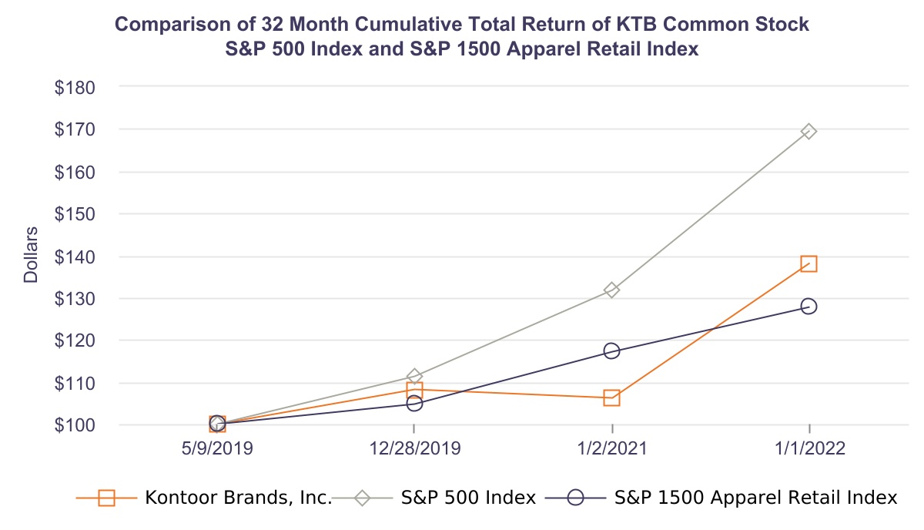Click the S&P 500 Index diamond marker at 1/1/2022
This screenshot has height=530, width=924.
coord(808,132)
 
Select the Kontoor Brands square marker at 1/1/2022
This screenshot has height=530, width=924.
coord(808,264)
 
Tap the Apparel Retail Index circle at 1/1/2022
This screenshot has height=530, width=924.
coord(808,307)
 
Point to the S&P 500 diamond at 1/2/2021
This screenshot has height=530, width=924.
coord(611,290)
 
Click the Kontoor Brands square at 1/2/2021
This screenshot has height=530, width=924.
coord(611,397)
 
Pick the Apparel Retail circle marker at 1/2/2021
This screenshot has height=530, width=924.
coord(611,351)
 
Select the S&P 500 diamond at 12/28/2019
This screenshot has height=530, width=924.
coord(414,377)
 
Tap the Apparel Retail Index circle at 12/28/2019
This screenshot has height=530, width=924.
coord(414,403)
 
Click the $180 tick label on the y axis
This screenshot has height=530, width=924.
coord(75,88)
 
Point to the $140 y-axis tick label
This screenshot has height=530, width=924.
coord(75,257)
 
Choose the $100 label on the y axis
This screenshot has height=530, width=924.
coord(75,425)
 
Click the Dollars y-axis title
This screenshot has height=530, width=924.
coord(31,255)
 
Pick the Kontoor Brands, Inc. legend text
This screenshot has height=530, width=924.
coord(238,498)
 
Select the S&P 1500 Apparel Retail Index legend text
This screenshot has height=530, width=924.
coord(756,498)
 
